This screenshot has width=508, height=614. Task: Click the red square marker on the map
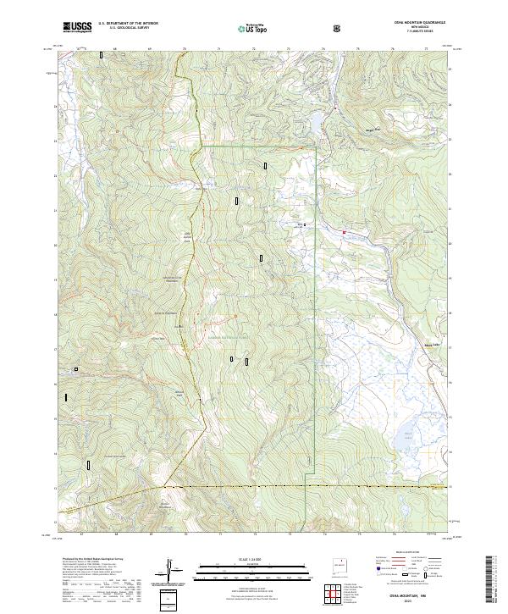[345, 231]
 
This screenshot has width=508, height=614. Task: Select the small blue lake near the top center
[315, 125]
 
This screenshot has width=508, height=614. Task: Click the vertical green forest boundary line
[315, 296]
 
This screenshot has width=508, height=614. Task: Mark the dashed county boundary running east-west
[305, 487]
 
